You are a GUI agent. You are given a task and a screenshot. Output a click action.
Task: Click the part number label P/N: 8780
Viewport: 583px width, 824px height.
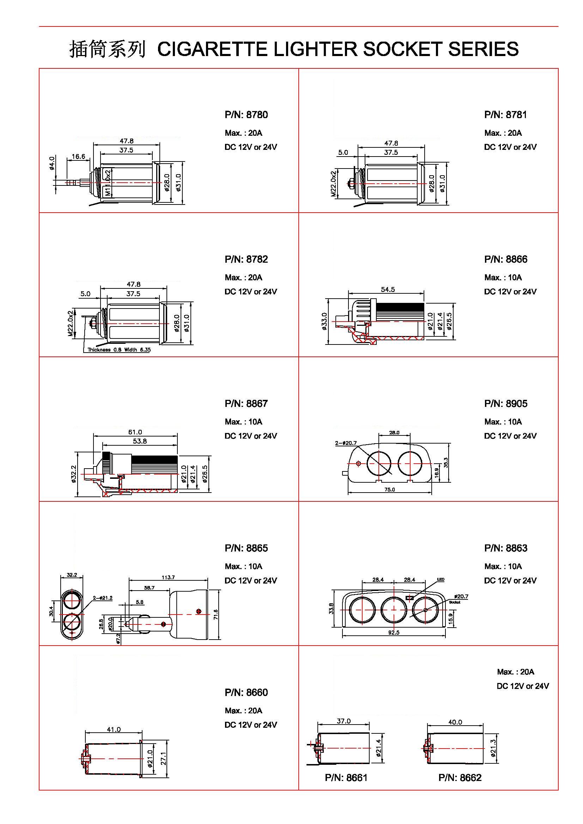click(246, 115)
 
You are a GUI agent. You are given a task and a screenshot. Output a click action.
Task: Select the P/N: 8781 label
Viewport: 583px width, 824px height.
click(505, 115)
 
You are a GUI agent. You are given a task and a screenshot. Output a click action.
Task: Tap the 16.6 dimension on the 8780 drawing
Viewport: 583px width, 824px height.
click(78, 157)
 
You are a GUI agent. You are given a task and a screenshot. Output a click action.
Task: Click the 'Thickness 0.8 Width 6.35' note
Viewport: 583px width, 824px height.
click(119, 350)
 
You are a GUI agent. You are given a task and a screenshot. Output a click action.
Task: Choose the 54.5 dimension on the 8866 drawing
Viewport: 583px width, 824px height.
click(388, 289)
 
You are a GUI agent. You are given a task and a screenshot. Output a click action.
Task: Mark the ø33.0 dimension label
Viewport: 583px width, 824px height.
click(324, 321)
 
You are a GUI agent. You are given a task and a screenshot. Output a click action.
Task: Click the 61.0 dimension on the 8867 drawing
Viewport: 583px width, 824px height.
click(135, 432)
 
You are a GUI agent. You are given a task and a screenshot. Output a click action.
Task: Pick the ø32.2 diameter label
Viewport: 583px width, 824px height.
click(74, 474)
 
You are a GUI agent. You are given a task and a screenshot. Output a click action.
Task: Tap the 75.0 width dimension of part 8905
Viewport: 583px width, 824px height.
click(389, 489)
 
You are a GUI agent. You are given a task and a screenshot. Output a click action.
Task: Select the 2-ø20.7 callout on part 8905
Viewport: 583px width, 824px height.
click(346, 443)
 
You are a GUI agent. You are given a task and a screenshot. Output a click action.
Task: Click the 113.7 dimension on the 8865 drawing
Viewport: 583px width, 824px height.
click(168, 578)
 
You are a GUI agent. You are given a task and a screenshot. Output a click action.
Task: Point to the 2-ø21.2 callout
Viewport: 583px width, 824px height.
click(103, 598)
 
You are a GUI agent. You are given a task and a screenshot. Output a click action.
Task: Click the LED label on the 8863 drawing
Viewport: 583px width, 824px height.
click(441, 579)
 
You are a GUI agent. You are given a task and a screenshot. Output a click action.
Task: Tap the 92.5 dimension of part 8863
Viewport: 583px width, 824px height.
click(394, 633)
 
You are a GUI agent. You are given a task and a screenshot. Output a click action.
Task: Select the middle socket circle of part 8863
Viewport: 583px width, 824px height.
click(394, 609)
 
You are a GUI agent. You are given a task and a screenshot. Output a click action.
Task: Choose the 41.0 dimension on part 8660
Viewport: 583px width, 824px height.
click(114, 730)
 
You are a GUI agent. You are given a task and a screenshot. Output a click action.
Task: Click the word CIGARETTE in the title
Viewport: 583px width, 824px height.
click(212, 49)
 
